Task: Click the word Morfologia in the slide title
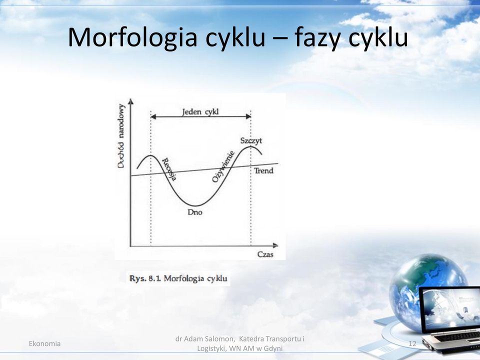pos(132,38)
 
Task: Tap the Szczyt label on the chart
pos(251,141)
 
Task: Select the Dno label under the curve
pos(195,212)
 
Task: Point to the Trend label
pos(263,170)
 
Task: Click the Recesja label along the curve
pos(169,169)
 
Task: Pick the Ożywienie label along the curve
pos(223,166)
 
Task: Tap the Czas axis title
pos(265,254)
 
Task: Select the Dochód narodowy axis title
pos(121,136)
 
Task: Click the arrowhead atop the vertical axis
pos(130,101)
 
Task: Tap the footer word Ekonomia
pos(44,344)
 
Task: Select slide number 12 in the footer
pos(412,344)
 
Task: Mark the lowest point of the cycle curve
pos(196,205)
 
